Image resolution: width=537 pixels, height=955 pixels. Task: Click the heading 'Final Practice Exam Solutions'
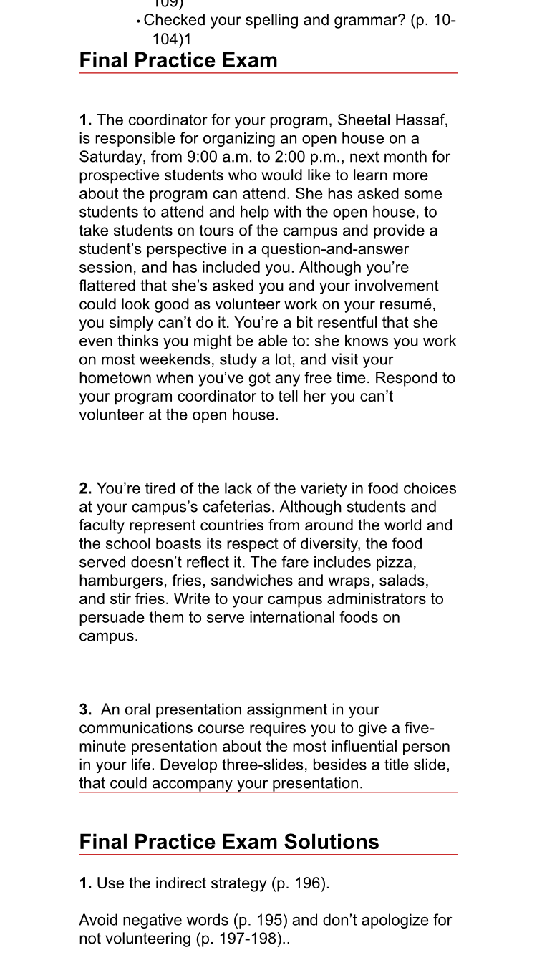[229, 841]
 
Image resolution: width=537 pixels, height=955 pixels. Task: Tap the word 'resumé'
[412, 304]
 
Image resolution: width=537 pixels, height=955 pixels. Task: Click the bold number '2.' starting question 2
[85, 489]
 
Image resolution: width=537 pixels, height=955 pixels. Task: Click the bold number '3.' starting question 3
[85, 710]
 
